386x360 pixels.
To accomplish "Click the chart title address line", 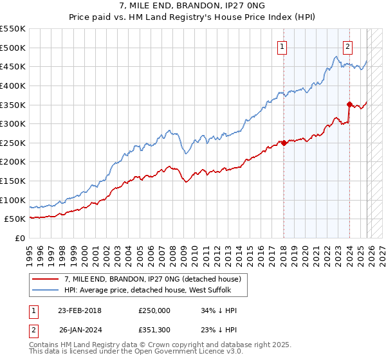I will pyautogui.click(x=193, y=6).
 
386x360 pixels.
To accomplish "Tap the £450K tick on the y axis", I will pyautogui.click(x=13, y=66).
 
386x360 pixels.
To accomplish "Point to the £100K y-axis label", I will pyautogui.click(x=13, y=200).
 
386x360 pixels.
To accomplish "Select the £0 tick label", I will pyautogui.click(x=20, y=238).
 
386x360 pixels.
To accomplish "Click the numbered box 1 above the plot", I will pyautogui.click(x=283, y=46).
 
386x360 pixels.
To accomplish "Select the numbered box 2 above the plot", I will pyautogui.click(x=347, y=46).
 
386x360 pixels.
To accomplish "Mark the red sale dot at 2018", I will pyautogui.click(x=284, y=143).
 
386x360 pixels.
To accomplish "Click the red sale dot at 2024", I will pyautogui.click(x=349, y=104).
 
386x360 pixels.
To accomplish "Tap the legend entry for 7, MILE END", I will pyautogui.click(x=152, y=279).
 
